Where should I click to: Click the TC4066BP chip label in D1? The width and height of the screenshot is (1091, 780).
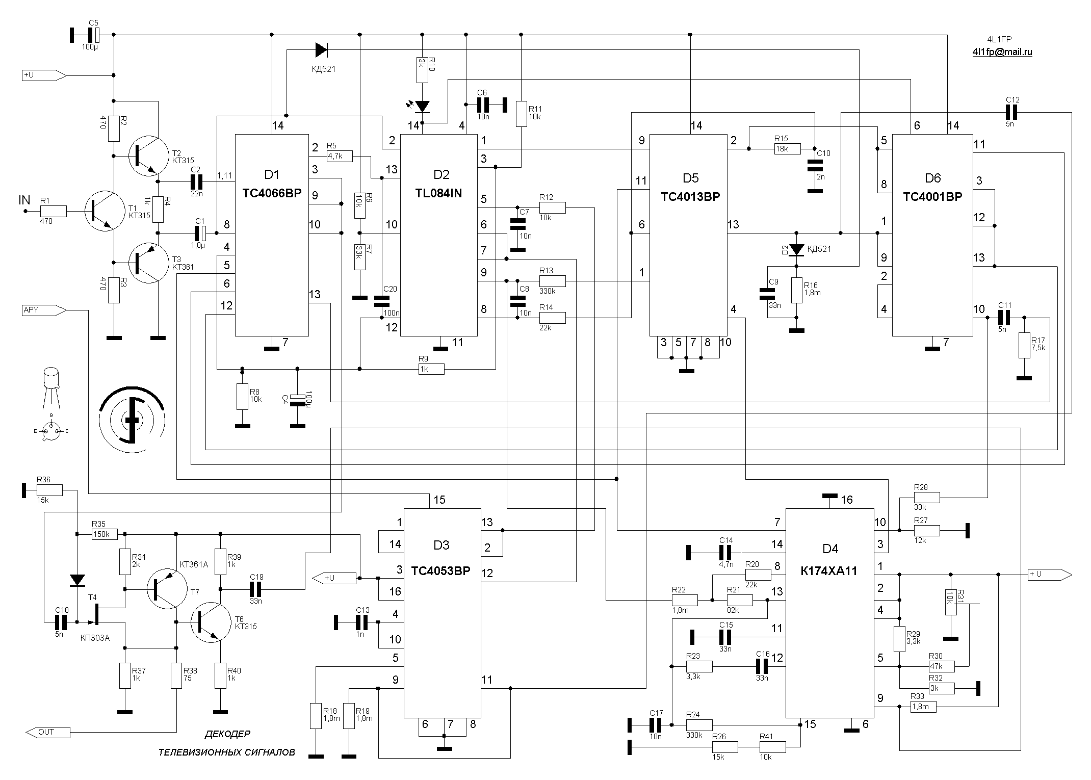(272, 193)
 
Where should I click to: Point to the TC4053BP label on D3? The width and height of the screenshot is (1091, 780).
(441, 570)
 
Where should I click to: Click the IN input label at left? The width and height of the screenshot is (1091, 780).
(24, 200)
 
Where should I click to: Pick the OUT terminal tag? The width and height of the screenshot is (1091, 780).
(47, 732)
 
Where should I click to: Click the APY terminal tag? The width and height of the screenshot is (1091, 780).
(43, 309)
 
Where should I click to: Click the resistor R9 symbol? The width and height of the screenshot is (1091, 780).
(431, 369)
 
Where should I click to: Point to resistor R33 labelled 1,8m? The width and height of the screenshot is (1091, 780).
(923, 707)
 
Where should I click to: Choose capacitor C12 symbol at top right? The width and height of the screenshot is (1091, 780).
(1011, 112)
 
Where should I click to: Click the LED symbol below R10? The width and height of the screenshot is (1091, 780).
(422, 107)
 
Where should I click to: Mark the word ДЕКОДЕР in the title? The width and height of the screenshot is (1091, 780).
(227, 734)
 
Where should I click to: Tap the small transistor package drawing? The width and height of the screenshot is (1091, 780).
(51, 387)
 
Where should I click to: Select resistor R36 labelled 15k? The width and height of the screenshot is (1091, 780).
(49, 490)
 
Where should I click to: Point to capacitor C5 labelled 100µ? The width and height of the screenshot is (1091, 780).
(92, 35)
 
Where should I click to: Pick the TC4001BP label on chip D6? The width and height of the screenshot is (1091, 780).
(932, 197)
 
